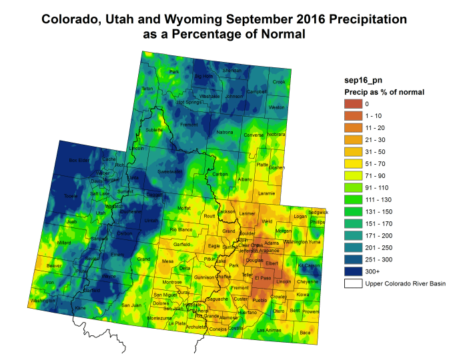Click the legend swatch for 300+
click(x=352, y=271)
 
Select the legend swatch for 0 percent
click(x=352, y=103)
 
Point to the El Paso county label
click(x=266, y=276)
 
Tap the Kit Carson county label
click(x=309, y=265)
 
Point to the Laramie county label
click(x=266, y=193)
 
